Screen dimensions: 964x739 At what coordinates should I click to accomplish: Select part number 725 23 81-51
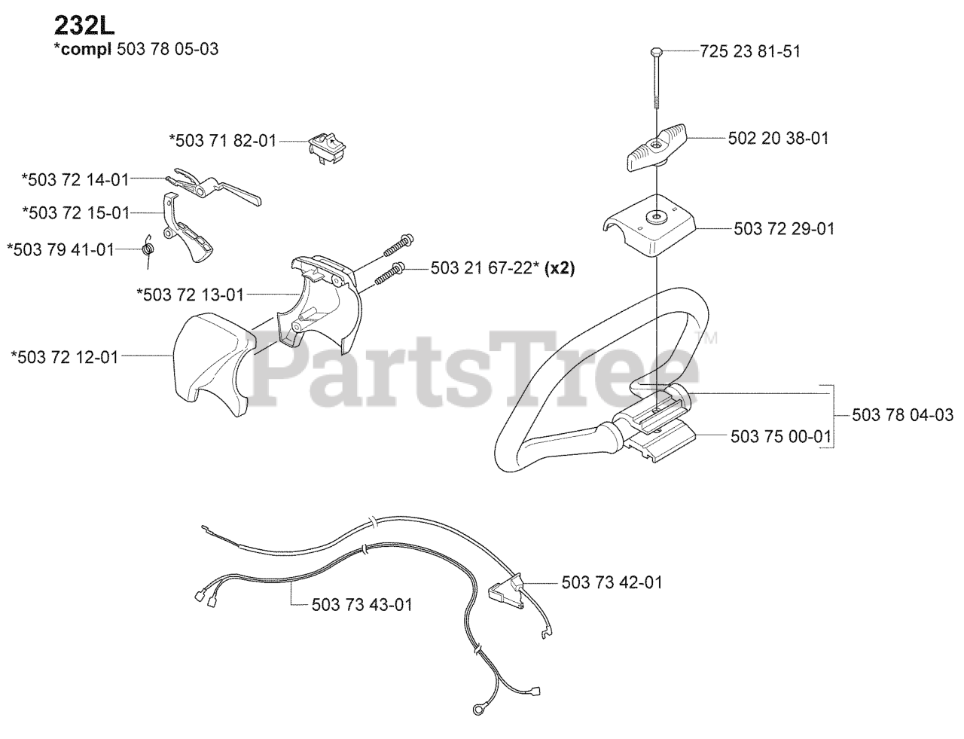(749, 51)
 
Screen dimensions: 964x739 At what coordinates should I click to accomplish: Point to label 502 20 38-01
(778, 139)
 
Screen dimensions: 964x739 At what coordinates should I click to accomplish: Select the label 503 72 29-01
(784, 228)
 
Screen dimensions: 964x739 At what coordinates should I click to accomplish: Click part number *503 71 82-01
(222, 140)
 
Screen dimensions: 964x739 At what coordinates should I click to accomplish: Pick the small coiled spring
(150, 246)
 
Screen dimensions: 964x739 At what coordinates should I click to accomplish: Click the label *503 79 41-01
(60, 249)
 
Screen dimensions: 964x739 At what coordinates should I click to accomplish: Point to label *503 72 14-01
(75, 179)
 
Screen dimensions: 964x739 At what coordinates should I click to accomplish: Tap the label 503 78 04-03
(903, 415)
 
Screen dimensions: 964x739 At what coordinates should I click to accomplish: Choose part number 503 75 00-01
(780, 435)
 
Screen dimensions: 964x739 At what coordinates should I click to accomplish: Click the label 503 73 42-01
(612, 582)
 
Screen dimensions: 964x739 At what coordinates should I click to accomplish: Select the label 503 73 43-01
(361, 604)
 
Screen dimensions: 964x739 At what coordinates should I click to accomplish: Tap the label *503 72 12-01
(65, 357)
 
